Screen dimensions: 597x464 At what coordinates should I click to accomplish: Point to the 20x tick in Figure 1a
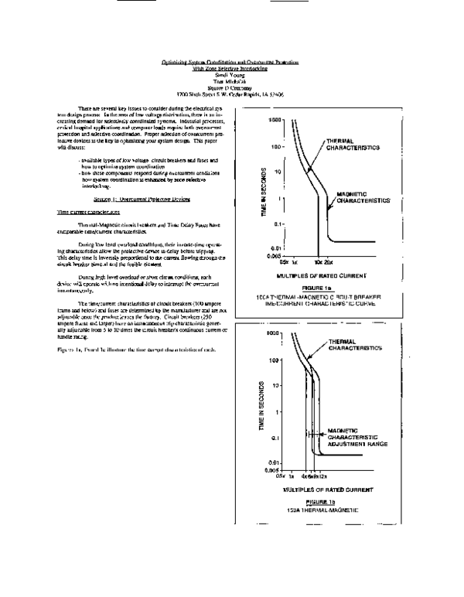[x=328, y=262]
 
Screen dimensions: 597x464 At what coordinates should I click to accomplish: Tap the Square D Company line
[x=230, y=77]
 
